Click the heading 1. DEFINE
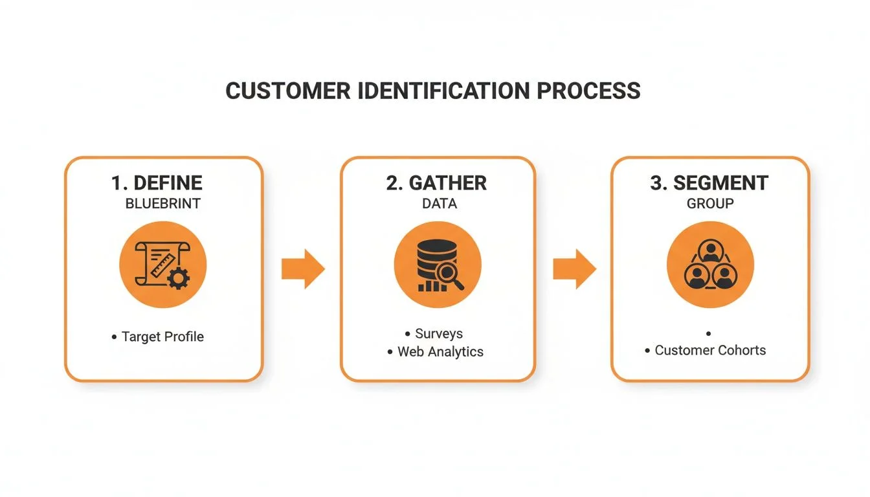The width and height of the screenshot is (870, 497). [x=157, y=182]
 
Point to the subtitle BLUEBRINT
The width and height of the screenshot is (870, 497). [x=162, y=204]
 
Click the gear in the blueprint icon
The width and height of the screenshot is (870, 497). [x=178, y=278]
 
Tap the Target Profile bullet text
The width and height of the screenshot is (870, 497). [x=162, y=337]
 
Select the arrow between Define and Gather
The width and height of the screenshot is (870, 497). [x=303, y=269]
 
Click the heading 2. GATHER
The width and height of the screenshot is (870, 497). [x=436, y=182]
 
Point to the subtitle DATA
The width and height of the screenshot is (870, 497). [x=439, y=204]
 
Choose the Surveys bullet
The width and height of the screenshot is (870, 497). [x=439, y=334]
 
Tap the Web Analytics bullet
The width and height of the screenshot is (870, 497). [x=440, y=352]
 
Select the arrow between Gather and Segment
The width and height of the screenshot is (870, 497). [x=574, y=269]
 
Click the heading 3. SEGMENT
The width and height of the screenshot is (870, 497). [x=709, y=182]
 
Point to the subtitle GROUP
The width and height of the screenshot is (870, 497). [x=710, y=204]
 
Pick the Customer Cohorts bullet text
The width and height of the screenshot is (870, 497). [x=710, y=350]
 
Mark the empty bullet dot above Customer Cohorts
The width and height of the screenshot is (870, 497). [x=709, y=333]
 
